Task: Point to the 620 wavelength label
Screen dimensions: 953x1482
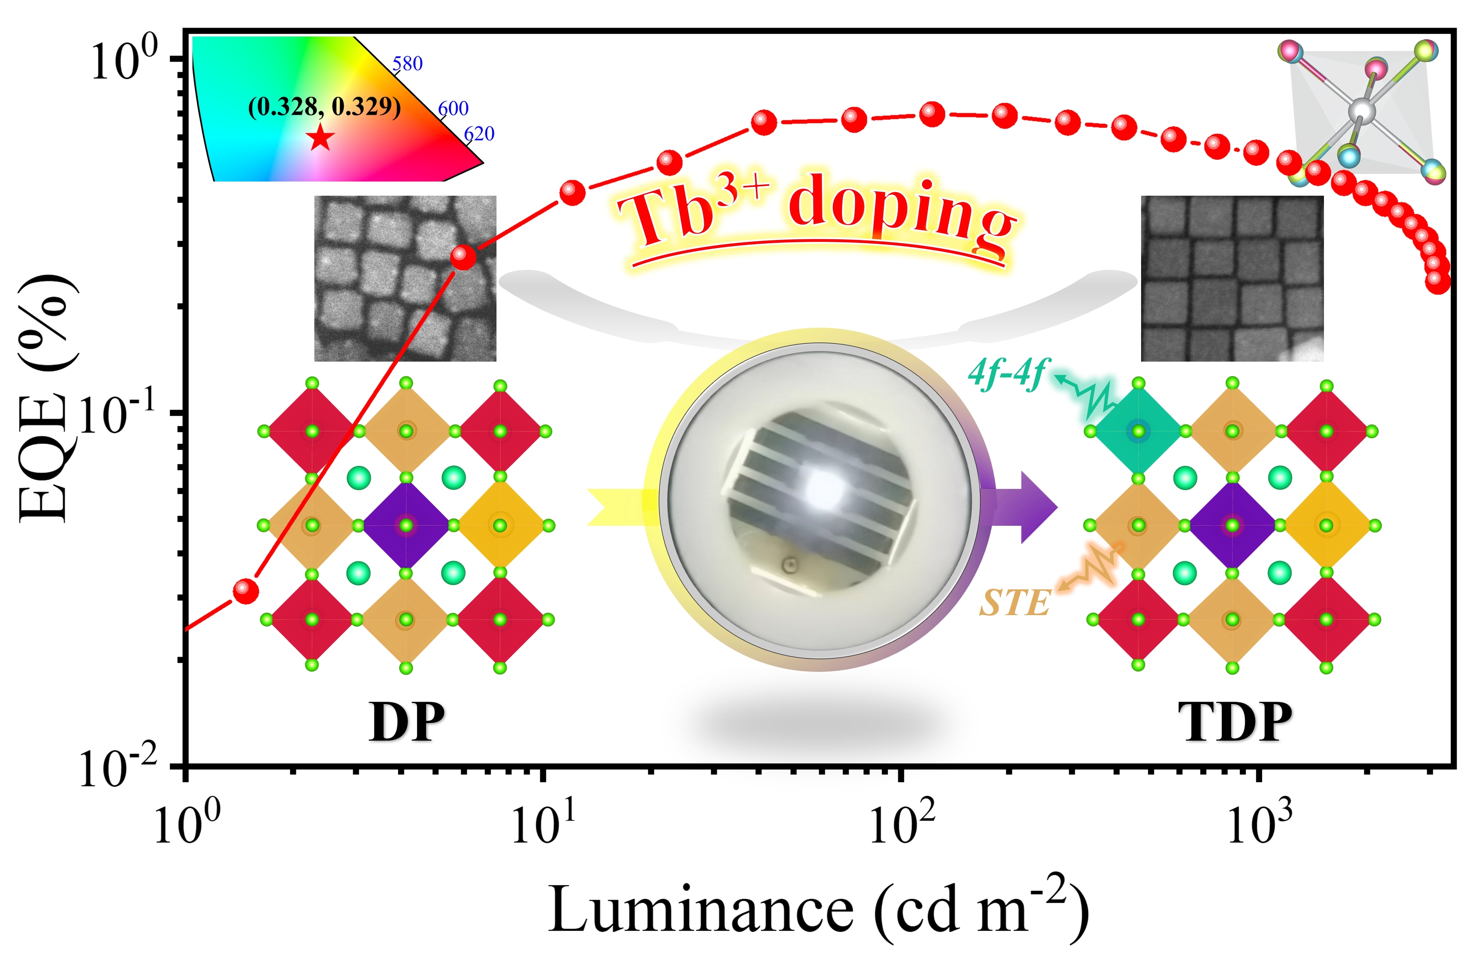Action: coord(479,134)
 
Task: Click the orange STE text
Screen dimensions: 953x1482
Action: coord(1014,602)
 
